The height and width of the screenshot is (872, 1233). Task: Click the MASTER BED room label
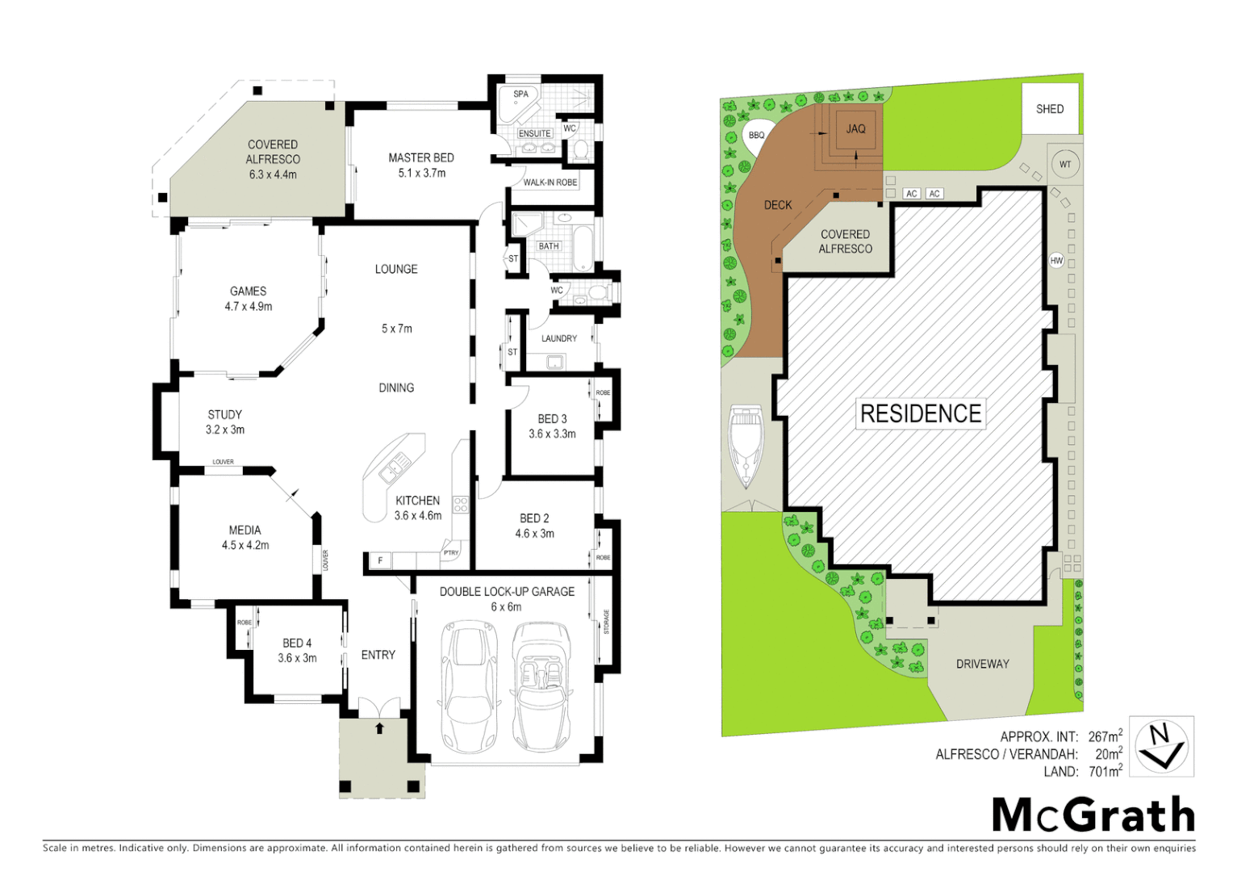(420, 158)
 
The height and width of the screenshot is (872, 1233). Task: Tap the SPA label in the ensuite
(520, 94)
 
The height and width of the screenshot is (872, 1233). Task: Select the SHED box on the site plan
(1050, 109)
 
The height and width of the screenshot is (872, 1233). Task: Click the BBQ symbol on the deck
(756, 135)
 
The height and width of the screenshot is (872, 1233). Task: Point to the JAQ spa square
(855, 129)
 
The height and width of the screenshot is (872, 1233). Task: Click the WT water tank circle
(1065, 165)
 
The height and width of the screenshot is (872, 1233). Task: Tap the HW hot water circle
(1056, 261)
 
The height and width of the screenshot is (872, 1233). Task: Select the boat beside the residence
(747, 446)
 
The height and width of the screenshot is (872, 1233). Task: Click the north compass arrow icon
(1160, 746)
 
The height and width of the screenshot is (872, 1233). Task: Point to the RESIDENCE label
(921, 414)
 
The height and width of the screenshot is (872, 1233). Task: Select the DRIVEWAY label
(982, 664)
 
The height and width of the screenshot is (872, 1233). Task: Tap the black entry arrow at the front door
(379, 728)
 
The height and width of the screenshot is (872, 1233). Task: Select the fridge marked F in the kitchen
(379, 560)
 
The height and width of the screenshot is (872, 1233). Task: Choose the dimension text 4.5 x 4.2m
(245, 546)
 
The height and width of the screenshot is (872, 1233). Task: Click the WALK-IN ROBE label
(550, 182)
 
